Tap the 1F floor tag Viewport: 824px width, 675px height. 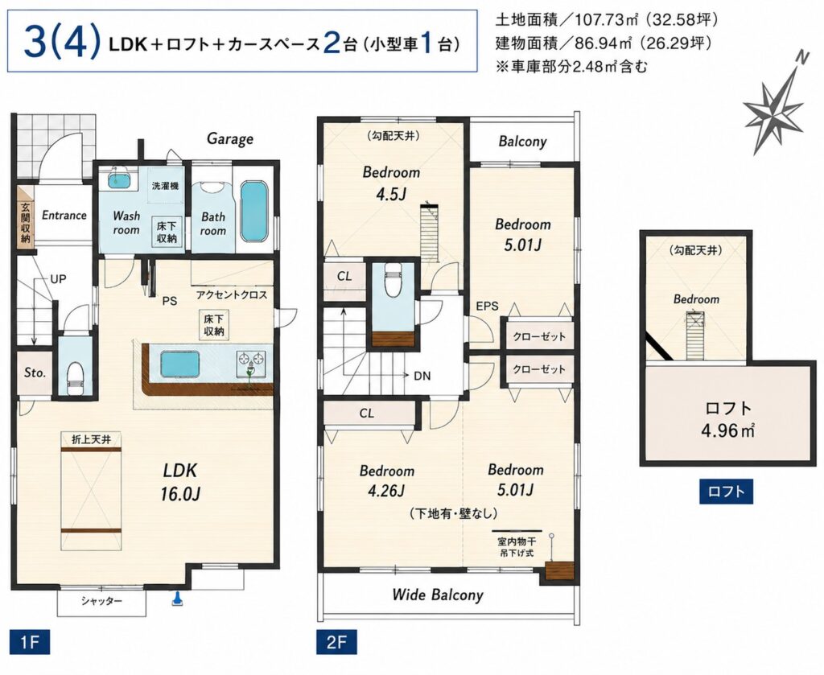[30, 641]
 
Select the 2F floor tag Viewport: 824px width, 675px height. [336, 641]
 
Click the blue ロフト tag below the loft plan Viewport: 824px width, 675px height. [727, 492]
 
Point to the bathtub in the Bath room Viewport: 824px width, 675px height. [254, 211]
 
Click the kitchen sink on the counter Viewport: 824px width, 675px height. [179, 364]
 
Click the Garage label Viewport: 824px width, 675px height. [229, 138]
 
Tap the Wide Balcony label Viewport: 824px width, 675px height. [438, 595]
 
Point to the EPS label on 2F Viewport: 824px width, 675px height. [487, 306]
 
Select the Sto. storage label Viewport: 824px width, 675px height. [35, 372]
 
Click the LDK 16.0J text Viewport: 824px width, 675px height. [180, 481]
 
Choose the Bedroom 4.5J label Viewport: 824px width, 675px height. [392, 183]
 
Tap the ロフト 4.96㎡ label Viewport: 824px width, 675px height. [727, 420]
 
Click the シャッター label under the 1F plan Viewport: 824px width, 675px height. [101, 601]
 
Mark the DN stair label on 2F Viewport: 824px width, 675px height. [422, 376]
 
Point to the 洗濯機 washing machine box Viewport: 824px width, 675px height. [166, 185]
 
